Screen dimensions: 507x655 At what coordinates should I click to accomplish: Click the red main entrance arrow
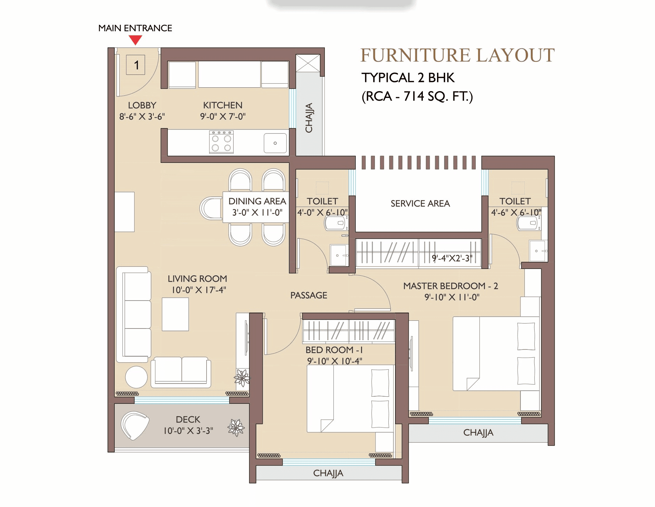click(135, 40)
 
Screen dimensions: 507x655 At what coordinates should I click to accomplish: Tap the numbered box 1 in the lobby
click(136, 65)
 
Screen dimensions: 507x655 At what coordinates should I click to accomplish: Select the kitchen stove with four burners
click(221, 142)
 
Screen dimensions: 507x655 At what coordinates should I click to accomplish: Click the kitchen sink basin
click(275, 143)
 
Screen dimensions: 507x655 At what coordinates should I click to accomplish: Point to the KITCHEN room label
click(223, 105)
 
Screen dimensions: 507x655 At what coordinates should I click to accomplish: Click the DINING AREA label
click(257, 201)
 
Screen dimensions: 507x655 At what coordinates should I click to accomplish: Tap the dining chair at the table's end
click(211, 208)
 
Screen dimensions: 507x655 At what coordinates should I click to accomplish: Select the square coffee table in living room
click(175, 314)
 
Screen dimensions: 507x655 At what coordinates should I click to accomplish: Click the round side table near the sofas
click(136, 377)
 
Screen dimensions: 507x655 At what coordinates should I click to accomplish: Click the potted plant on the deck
click(236, 428)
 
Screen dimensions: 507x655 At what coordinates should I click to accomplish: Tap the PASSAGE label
click(309, 295)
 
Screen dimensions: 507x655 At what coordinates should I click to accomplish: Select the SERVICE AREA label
click(420, 203)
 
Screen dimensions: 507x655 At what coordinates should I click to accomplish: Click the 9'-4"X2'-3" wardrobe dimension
click(452, 258)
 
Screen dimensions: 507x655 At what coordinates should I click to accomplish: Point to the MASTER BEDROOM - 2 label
click(451, 286)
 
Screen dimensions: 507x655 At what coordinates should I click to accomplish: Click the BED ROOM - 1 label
click(334, 350)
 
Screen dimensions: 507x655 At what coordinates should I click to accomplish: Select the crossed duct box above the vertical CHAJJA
click(308, 63)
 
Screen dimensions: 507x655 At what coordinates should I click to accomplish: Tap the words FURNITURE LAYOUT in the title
click(457, 55)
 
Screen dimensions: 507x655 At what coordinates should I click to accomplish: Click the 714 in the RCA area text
click(414, 96)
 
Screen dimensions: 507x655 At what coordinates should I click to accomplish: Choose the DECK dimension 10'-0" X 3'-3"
click(188, 431)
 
